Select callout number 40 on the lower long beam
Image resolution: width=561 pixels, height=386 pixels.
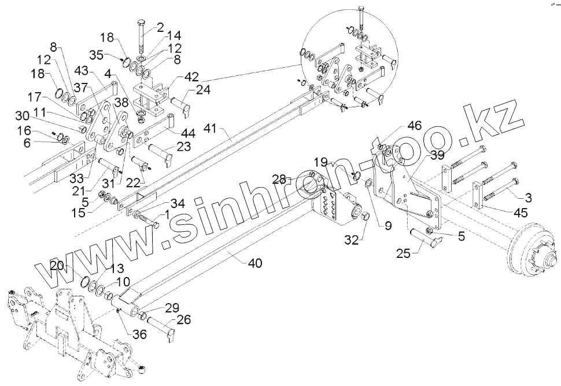click(x=254, y=263)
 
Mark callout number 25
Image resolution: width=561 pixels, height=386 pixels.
click(x=404, y=253)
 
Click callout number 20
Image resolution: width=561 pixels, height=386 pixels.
click(x=57, y=266)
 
